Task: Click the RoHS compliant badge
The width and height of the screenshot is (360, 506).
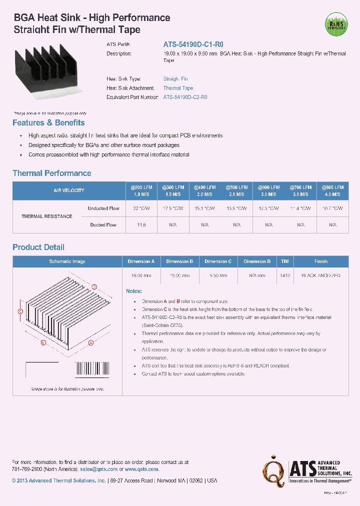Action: tap(335, 23)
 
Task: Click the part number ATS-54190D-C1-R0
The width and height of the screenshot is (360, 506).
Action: tap(193, 44)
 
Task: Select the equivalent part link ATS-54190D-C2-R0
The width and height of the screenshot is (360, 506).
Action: tap(185, 97)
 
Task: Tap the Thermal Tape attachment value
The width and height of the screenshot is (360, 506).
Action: tap(178, 88)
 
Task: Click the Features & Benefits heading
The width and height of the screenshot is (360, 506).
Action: tap(48, 123)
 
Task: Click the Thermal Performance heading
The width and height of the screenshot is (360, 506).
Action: tap(52, 173)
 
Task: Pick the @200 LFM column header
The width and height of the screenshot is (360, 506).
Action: tap(141, 190)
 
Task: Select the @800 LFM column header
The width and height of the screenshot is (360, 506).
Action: tap(332, 190)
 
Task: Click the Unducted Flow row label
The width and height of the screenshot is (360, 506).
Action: tap(103, 208)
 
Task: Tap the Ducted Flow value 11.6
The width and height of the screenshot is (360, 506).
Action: tap(141, 225)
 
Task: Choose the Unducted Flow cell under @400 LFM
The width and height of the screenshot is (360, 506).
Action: tap(204, 208)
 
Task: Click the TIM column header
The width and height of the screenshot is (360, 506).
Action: tap(285, 261)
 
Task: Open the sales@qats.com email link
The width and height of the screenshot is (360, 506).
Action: tap(98, 469)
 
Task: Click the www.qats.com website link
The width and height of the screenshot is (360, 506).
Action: tap(141, 469)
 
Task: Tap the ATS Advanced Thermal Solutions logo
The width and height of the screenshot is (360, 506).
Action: tap(308, 470)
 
